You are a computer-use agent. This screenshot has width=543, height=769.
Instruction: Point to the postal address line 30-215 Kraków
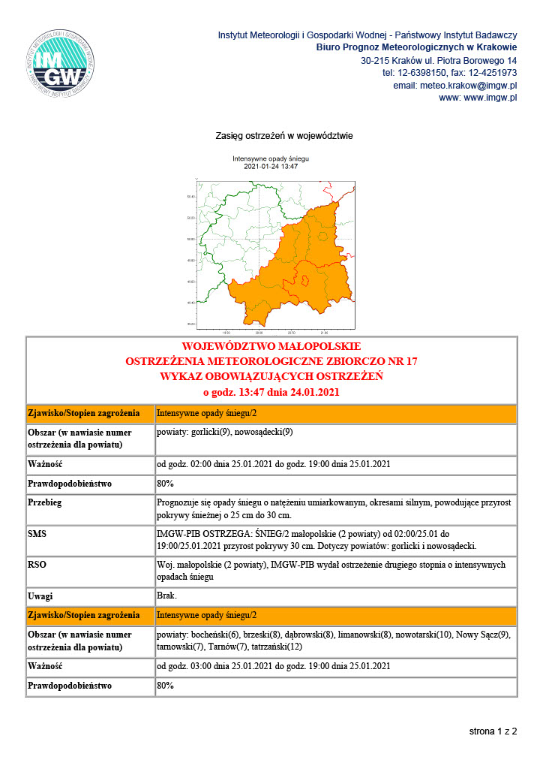tap(439, 60)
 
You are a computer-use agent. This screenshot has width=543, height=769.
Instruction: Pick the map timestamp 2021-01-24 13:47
tap(271, 166)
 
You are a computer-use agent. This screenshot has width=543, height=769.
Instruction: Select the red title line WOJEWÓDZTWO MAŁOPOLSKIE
tap(271, 347)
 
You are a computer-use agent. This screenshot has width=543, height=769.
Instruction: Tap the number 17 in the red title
tap(411, 361)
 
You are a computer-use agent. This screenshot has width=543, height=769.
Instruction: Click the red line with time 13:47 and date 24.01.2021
tap(271, 391)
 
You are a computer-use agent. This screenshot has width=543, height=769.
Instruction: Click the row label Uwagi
tap(40, 596)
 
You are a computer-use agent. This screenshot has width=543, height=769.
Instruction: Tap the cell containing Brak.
tap(166, 596)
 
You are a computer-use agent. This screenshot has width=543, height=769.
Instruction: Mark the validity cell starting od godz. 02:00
tap(273, 464)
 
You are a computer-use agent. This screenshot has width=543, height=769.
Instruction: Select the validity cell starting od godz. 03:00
tap(273, 666)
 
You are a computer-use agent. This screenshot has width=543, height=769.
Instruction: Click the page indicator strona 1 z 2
tap(493, 730)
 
